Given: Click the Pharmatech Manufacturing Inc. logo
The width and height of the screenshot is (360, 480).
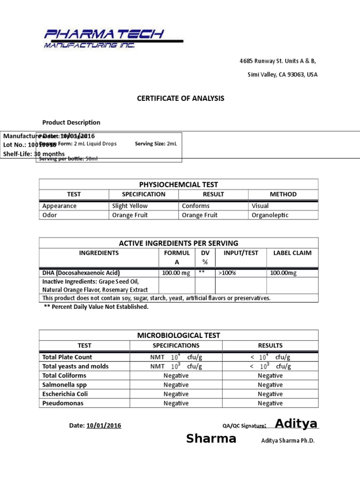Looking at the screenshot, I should point(112,38).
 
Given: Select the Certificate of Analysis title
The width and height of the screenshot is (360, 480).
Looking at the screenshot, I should point(180,98).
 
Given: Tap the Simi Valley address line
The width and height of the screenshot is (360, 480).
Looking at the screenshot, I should point(282,75).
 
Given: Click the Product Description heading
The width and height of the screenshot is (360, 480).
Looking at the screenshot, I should point(71,122).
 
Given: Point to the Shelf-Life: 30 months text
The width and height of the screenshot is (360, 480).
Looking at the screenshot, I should point(34,154).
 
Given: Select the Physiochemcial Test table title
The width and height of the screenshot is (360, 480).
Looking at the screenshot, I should point(178,184).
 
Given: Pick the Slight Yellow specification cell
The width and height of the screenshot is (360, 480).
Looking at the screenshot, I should point(130,206).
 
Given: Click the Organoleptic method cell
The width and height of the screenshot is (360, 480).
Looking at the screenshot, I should point(270,215).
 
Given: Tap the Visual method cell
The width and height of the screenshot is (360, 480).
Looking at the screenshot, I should point(260,206).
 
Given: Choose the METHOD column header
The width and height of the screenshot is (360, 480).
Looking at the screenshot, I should point(283,194).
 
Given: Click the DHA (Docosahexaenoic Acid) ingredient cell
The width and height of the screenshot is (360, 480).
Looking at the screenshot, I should point(81,273).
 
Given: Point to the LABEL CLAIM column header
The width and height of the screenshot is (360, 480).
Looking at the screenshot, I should point(292,253).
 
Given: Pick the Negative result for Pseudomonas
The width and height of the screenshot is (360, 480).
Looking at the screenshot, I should point(270,403).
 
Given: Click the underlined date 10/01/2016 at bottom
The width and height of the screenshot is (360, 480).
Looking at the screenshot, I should point(104,425).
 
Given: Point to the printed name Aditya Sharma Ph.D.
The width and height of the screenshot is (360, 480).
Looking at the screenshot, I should point(288,441).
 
